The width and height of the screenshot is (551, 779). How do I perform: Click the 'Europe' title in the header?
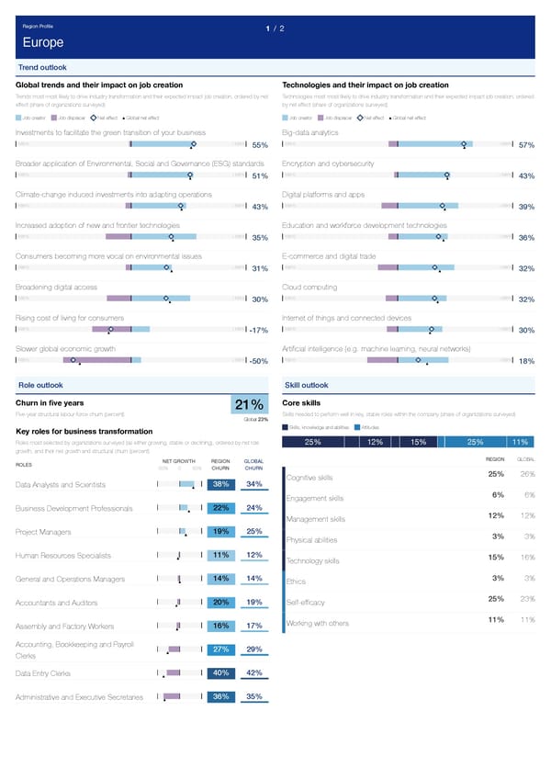(43, 44)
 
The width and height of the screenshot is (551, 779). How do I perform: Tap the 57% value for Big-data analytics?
(526, 145)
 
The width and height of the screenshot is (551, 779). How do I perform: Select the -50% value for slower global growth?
(258, 361)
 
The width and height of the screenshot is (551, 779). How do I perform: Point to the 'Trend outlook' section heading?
(42, 68)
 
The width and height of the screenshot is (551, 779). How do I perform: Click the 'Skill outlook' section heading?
(307, 384)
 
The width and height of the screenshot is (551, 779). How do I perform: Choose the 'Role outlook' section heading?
(40, 384)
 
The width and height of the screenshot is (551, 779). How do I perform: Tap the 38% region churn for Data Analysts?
(221, 484)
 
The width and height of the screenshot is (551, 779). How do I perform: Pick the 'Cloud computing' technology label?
(312, 288)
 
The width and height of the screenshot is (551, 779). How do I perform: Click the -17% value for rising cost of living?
(258, 331)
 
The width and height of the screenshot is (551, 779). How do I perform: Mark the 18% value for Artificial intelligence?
(526, 361)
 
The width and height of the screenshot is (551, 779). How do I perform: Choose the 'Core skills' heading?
(300, 402)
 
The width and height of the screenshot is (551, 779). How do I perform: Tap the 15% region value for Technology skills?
(495, 557)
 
